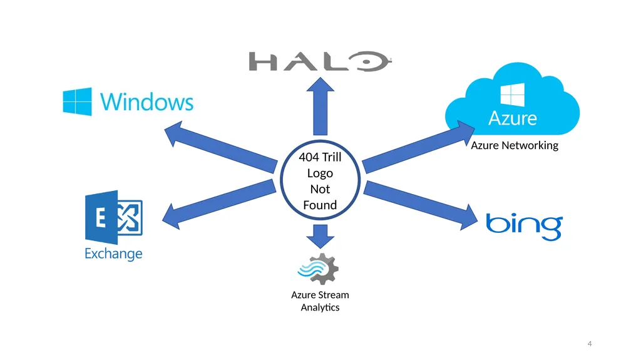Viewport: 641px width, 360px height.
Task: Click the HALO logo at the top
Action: (320, 61)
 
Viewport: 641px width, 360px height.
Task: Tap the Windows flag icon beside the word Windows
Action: (77, 101)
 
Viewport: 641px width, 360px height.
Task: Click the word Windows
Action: (146, 102)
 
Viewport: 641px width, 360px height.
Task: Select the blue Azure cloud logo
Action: (512, 100)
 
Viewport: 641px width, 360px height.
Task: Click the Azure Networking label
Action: (515, 145)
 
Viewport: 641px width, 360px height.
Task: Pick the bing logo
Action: (524, 226)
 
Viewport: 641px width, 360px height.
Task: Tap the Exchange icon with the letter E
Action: (114, 217)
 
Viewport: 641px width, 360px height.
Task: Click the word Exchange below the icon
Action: (113, 254)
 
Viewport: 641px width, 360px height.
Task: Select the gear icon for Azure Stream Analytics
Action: (318, 269)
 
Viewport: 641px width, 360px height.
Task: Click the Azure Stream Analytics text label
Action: (320, 301)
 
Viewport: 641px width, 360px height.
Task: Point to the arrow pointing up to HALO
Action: (320, 106)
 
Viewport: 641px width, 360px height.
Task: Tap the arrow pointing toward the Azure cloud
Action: (419, 147)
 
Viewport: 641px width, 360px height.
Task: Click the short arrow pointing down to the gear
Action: (320, 236)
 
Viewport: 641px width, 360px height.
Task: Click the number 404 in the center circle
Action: (308, 157)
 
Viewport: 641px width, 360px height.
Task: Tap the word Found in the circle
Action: (320, 205)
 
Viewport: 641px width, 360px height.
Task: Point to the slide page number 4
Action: (590, 344)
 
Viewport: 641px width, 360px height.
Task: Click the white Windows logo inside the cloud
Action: (512, 95)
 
